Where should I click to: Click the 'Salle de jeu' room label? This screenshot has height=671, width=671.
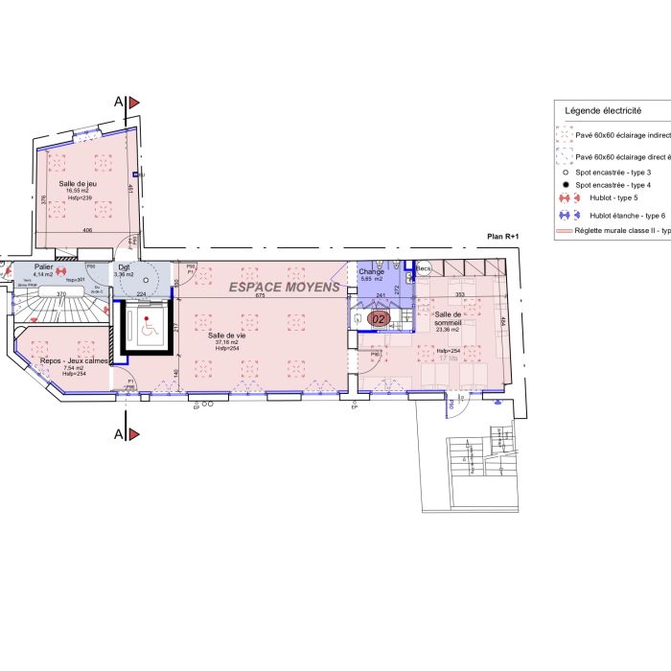78,183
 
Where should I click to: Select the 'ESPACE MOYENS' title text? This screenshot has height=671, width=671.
283,287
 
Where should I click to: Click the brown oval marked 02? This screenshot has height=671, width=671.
379,318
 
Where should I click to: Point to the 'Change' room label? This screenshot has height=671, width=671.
371,271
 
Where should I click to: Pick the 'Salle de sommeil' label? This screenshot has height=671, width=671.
448,318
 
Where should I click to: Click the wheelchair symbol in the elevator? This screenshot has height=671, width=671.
148,328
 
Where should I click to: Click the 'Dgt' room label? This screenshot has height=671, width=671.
125,267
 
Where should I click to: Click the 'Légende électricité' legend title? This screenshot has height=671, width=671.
603,111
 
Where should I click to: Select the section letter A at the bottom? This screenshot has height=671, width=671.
118,434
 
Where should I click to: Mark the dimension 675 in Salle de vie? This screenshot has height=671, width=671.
259,295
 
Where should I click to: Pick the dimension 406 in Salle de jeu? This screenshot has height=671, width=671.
87,230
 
